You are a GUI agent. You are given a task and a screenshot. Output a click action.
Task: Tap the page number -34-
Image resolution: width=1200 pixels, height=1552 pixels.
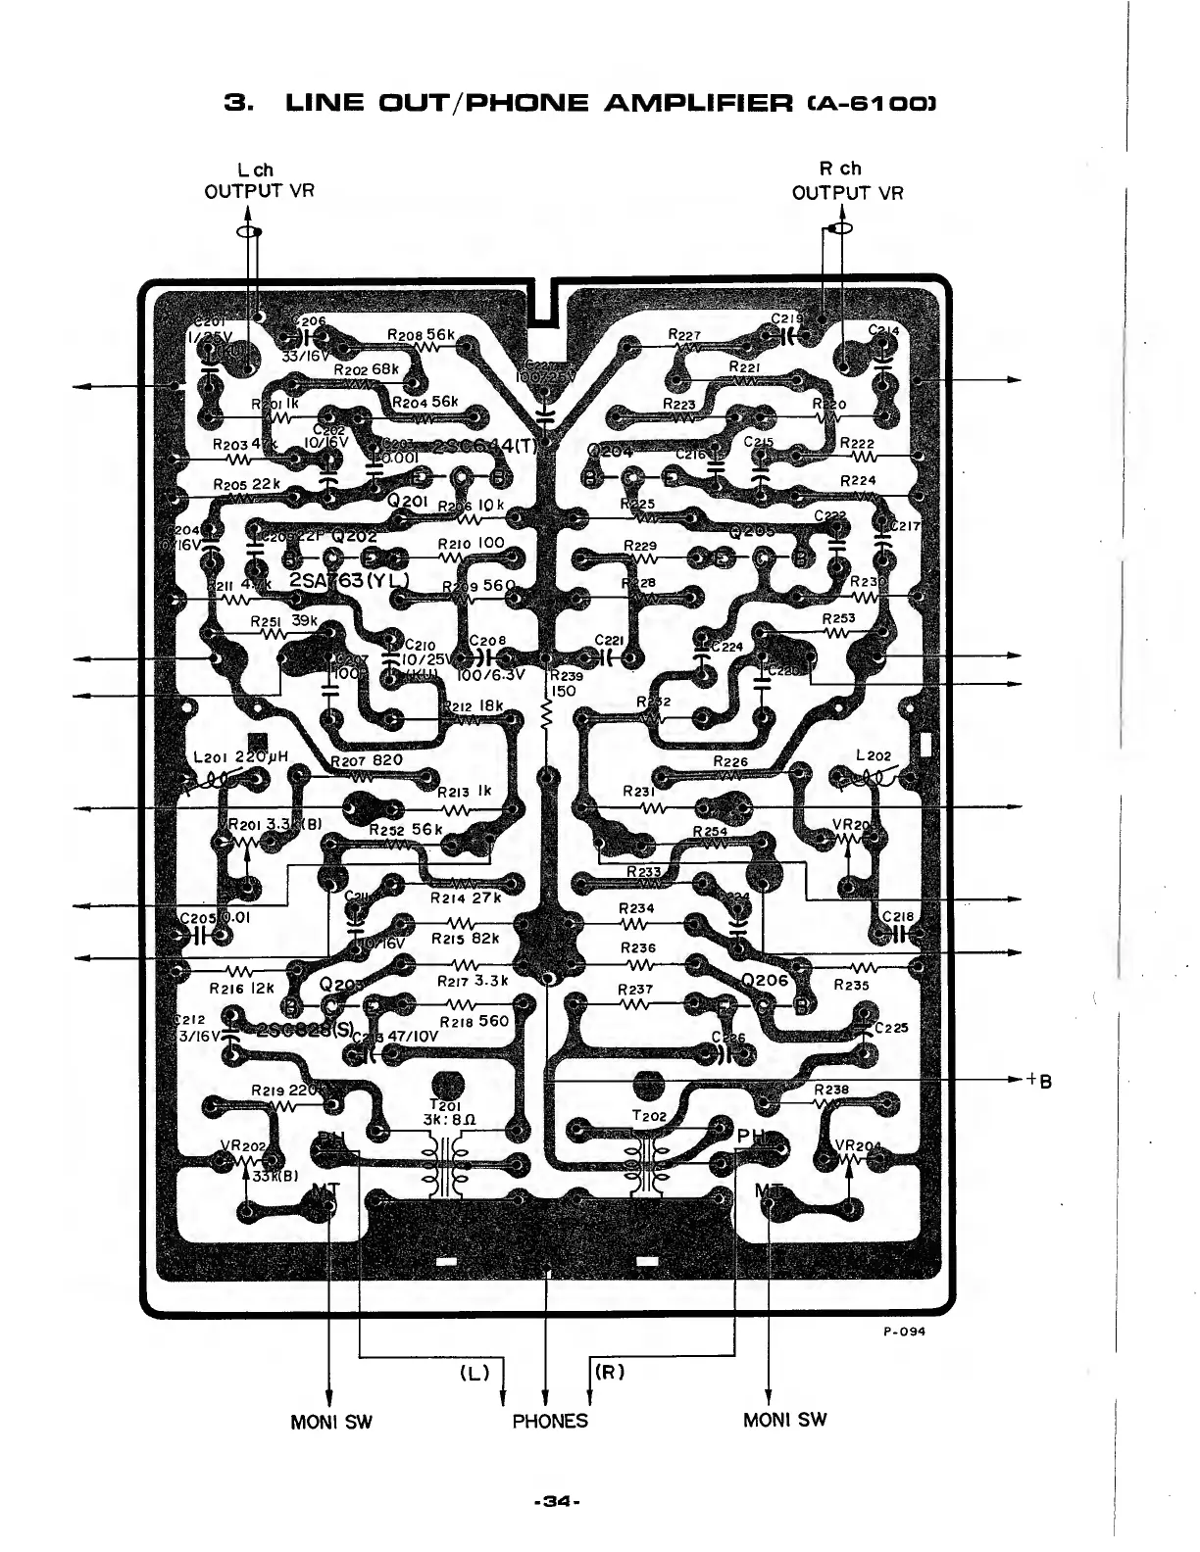point(558,1500)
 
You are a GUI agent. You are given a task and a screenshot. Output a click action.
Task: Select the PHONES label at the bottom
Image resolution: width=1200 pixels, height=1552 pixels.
point(550,1421)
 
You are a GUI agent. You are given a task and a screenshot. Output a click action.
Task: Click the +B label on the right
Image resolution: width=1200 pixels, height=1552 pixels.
point(1039,1081)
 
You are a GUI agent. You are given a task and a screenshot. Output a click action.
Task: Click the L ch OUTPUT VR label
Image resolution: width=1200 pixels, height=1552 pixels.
point(259,179)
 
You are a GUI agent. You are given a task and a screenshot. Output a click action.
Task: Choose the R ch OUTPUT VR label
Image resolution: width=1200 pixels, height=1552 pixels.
point(847,179)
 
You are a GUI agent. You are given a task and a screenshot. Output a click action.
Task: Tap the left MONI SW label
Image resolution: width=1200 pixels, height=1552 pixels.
point(331,1421)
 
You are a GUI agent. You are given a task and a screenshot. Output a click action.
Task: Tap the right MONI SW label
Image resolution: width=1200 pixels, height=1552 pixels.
point(784,1419)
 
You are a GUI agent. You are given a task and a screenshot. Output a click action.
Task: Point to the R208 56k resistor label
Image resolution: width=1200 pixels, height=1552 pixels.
point(421,335)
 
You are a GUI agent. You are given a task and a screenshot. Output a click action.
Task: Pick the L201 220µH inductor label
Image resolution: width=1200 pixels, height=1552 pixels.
point(240,756)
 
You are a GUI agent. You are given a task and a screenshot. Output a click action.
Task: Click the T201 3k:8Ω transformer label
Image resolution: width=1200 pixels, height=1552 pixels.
point(449,1112)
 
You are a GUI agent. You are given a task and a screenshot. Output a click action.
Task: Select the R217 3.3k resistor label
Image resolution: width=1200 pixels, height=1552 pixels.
point(470,979)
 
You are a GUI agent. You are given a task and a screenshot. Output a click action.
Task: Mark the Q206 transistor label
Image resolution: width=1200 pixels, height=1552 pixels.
point(765,980)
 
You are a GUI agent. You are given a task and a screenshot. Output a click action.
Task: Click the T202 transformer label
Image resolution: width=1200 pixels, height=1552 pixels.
point(649,1116)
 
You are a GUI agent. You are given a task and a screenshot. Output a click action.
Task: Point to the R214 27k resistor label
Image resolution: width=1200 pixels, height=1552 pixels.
point(466,897)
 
